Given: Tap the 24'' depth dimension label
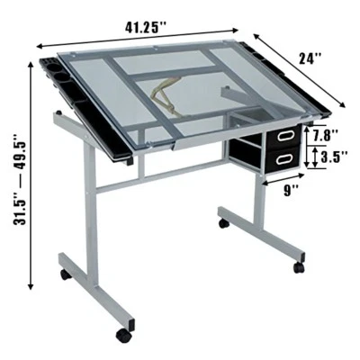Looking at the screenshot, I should click(310, 58).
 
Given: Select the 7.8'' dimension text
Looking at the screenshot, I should click(326, 136).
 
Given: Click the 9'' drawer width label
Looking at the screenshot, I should click(289, 191).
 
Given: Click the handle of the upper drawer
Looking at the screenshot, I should click(286, 135).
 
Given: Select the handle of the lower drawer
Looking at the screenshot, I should click(285, 157).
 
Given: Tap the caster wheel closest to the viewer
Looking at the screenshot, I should click(123, 335).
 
